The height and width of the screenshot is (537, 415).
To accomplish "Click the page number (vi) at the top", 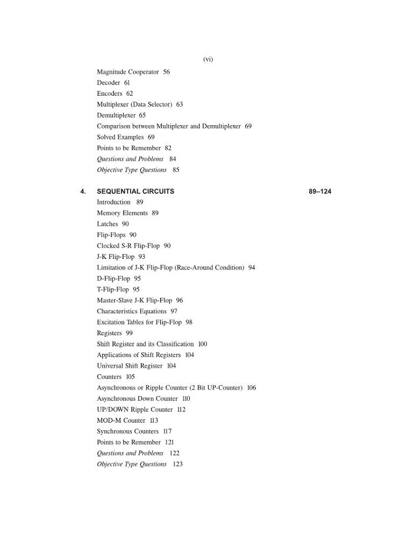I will [x=208, y=60].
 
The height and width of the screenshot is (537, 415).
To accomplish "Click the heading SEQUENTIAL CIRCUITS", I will [x=135, y=191].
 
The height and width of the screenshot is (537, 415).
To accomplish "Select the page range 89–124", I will [x=320, y=191].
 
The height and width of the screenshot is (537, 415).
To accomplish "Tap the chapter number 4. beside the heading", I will [x=83, y=191].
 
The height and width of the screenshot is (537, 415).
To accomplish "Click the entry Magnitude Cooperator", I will [x=128, y=72].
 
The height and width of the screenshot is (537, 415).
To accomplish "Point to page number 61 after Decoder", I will [x=127, y=83].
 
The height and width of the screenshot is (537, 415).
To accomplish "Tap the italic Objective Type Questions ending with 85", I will [x=132, y=170].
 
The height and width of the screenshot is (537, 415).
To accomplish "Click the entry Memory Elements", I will [x=122, y=213].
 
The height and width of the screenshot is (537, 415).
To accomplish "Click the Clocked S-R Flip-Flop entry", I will [x=128, y=246].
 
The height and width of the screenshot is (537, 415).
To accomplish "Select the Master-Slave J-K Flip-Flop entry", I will [x=134, y=301].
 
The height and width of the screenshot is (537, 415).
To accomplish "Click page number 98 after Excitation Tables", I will [x=189, y=322].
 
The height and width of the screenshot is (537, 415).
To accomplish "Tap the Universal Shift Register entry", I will [x=130, y=366].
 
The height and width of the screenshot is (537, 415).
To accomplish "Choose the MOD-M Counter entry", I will [x=121, y=420].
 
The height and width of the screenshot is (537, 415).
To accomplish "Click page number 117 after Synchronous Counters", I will [x=167, y=431].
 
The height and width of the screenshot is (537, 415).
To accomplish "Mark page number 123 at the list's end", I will [x=177, y=464].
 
